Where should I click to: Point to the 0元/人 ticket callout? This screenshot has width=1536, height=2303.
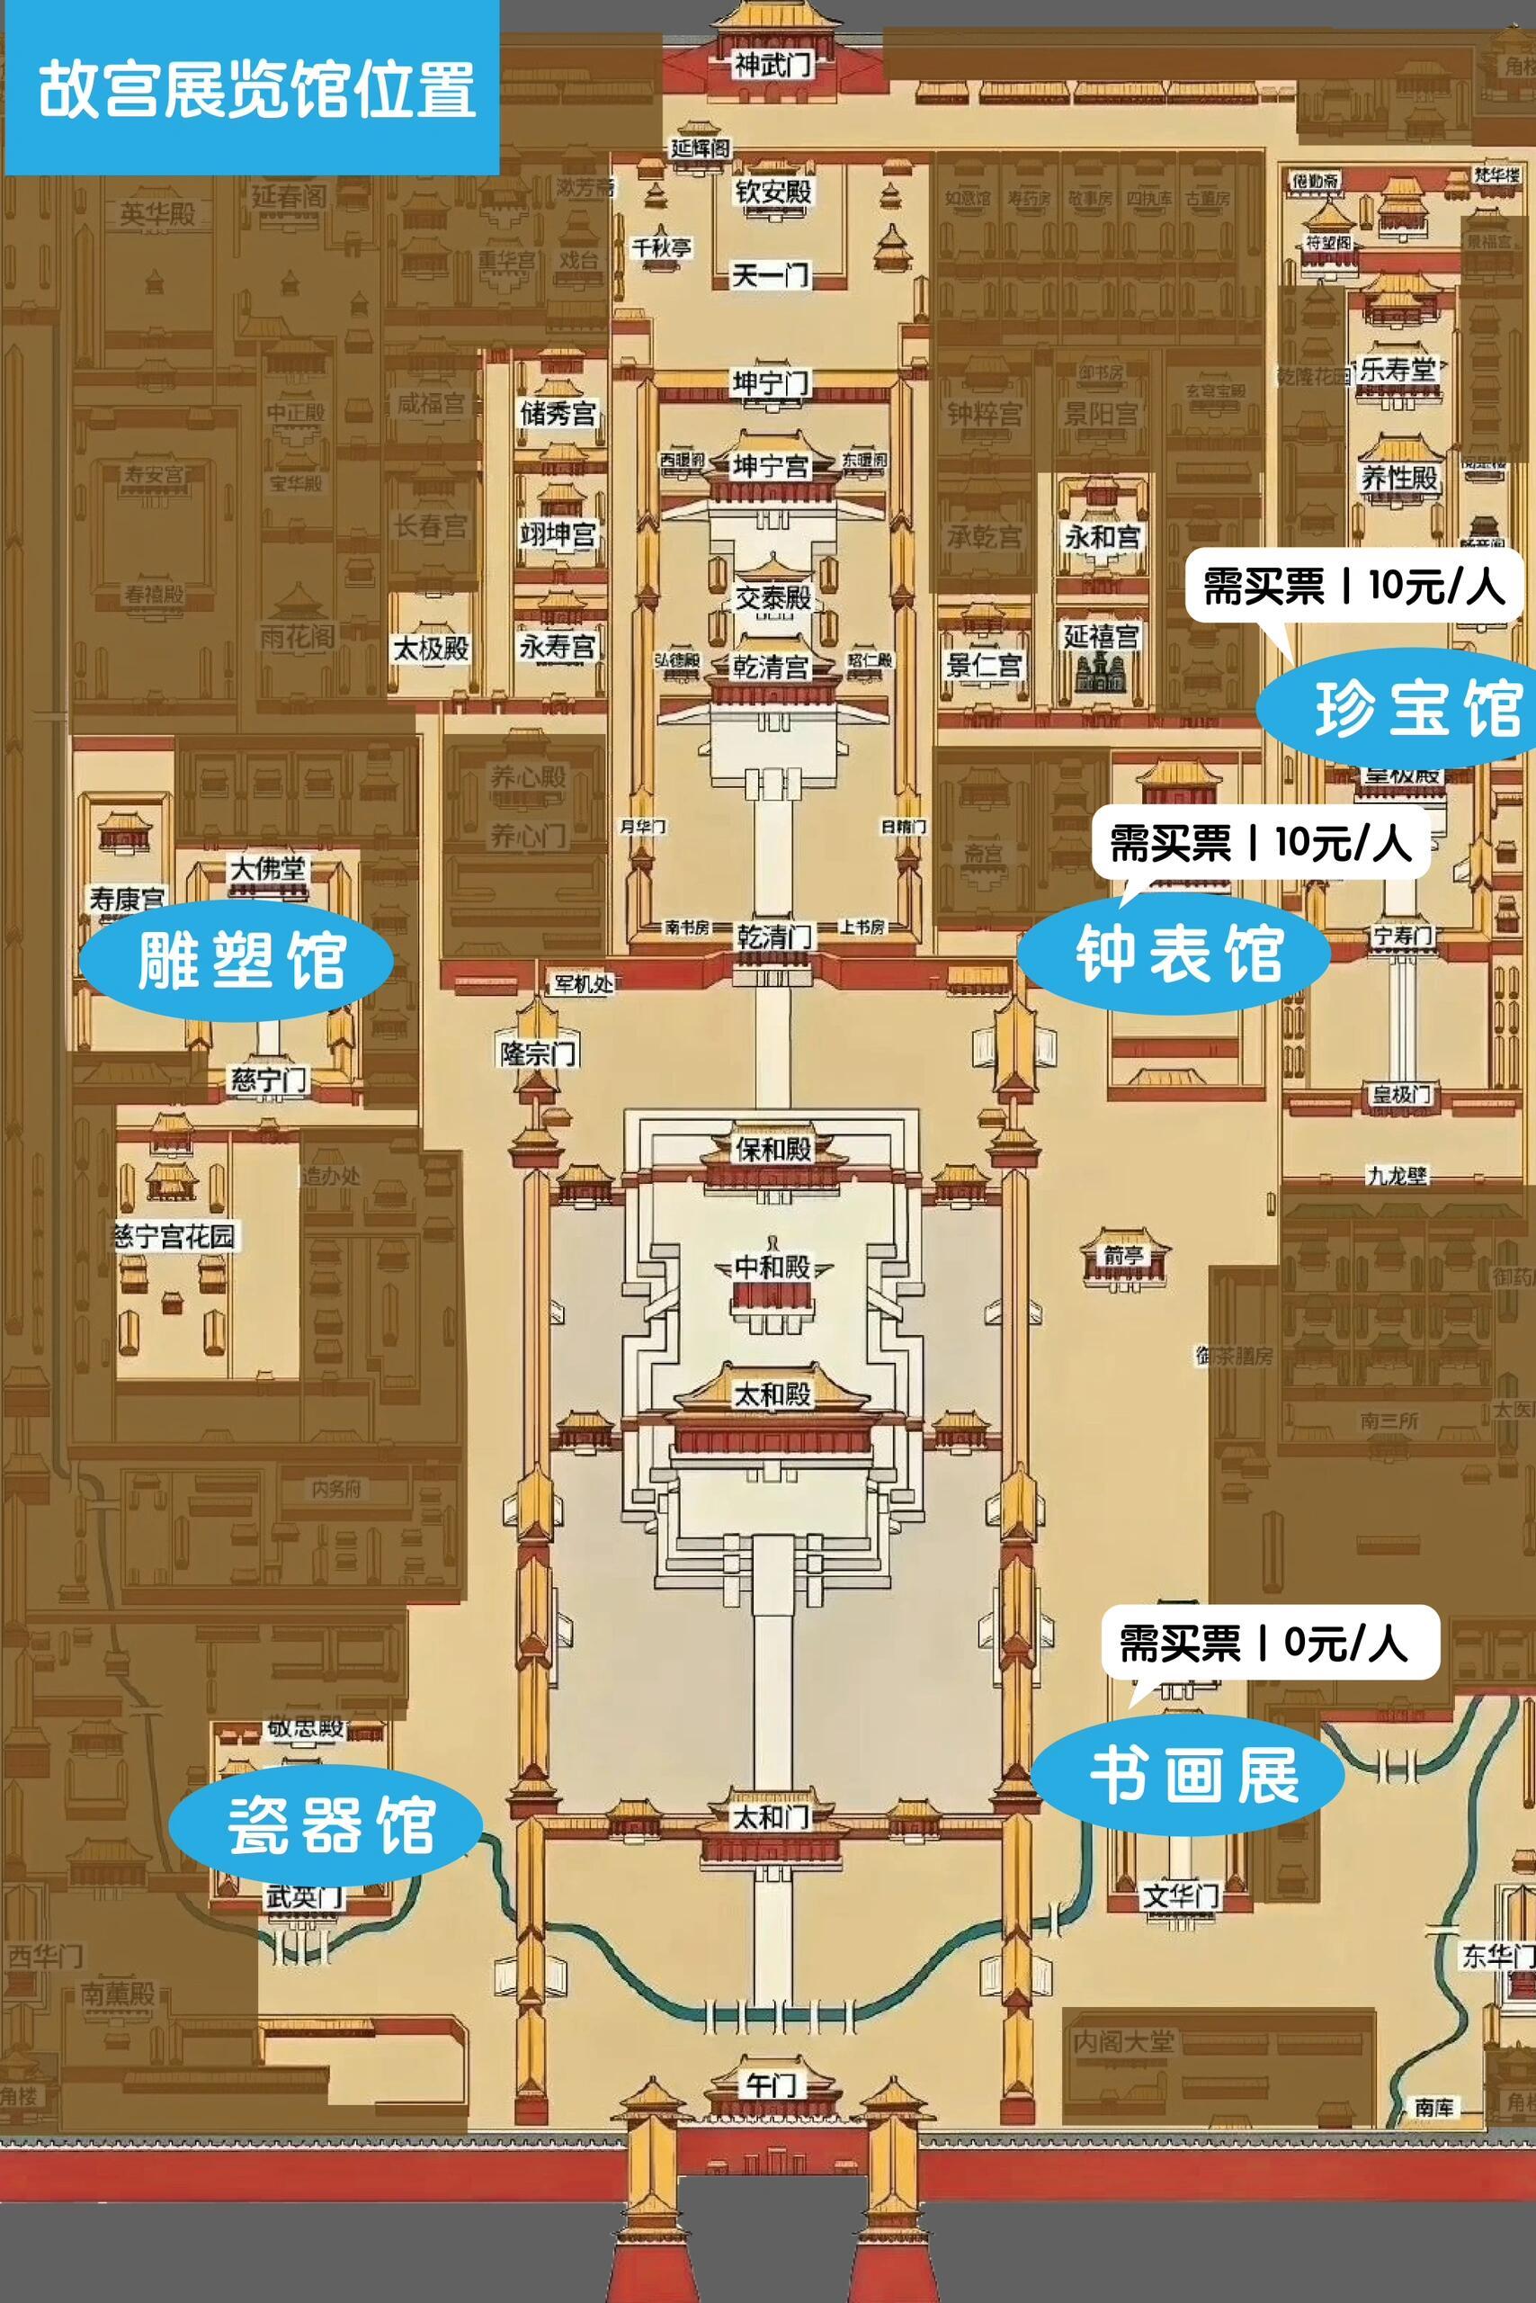pyautogui.click(x=1264, y=1643)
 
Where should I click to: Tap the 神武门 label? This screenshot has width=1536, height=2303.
pyautogui.click(x=772, y=66)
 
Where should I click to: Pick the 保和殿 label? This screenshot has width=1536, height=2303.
pyautogui.click(x=772, y=1149)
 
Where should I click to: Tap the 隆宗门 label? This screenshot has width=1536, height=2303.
pyautogui.click(x=538, y=1054)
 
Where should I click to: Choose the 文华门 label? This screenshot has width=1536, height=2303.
pyautogui.click(x=1181, y=1895)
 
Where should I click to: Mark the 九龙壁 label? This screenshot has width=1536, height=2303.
pyautogui.click(x=1397, y=1175)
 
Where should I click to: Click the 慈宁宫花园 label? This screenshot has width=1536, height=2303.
pyautogui.click(x=175, y=1236)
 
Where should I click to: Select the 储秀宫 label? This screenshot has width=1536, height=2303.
pyautogui.click(x=557, y=413)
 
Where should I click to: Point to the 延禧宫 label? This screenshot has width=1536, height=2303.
pyautogui.click(x=1101, y=636)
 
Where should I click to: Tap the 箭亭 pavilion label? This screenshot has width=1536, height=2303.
pyautogui.click(x=1123, y=1255)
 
